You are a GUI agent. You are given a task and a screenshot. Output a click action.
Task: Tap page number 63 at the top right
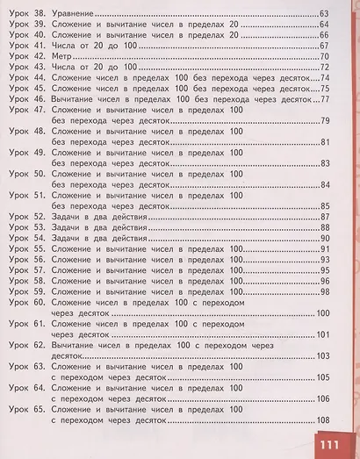[x=323, y=15]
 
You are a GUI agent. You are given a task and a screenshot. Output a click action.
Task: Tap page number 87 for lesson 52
[x=323, y=216]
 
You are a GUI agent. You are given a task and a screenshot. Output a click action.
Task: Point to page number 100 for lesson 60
[x=321, y=313]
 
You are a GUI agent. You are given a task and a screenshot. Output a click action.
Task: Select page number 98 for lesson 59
[x=323, y=291]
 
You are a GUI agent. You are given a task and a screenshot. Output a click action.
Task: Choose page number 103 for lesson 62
[x=321, y=355]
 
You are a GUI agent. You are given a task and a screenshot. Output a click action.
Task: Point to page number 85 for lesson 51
[x=323, y=205]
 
